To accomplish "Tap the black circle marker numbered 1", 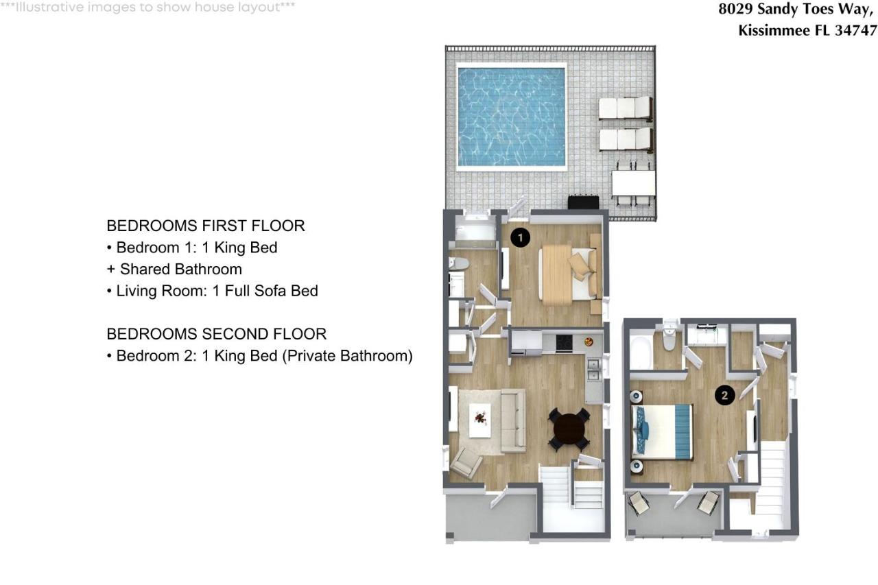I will coord(521,238).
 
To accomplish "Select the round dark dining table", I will coord(569,430).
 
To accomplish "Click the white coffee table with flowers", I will coord(479,420).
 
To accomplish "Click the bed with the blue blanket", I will coord(662,431).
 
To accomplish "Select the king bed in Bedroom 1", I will coord(567,272).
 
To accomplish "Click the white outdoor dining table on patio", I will coord(633,182).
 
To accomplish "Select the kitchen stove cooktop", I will coord(564,342).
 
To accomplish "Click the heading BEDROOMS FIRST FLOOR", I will coord(206,226).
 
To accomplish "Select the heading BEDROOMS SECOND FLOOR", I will coord(216,334).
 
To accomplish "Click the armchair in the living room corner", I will coord(466,463).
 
